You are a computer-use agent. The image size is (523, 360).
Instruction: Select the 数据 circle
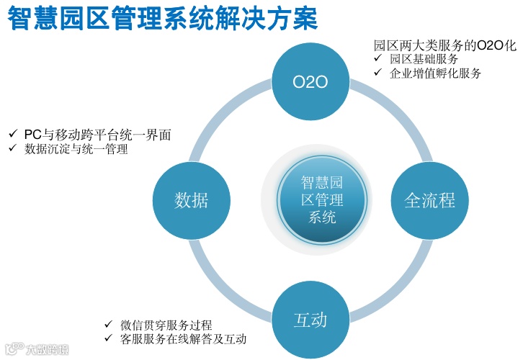[192, 200]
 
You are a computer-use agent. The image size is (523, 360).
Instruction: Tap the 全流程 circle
[429, 200]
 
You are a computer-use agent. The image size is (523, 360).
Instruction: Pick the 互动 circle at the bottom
[310, 319]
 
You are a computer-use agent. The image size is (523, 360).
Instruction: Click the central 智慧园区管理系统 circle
[322, 200]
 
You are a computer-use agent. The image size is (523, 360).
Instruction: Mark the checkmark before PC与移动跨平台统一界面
[12, 135]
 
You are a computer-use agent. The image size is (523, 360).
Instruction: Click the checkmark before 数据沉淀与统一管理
[12, 149]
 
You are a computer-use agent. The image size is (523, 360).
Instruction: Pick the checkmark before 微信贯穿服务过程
[107, 325]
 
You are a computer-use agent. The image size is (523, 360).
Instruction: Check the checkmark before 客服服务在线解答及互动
[107, 338]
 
